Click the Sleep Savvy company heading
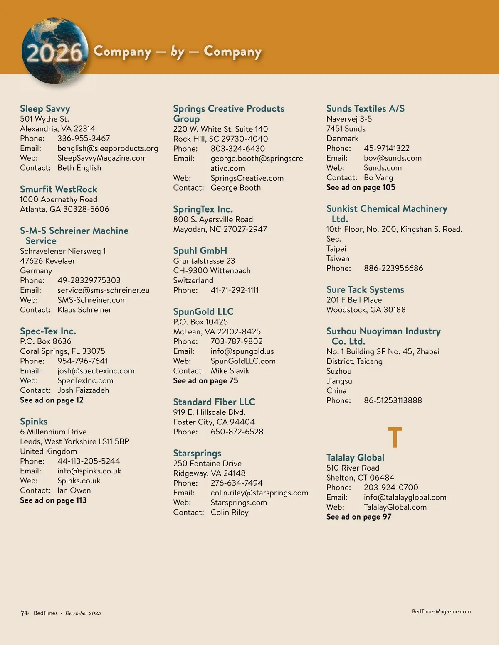(45, 109)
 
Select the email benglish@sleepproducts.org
(108, 148)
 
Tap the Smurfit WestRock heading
(59, 189)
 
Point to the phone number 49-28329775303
(89, 280)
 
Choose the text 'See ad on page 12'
(52, 400)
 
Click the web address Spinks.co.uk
(79, 481)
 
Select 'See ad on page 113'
(53, 500)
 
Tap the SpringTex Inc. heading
(203, 209)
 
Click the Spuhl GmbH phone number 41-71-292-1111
(235, 290)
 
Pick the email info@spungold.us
(242, 351)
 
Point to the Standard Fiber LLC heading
(214, 402)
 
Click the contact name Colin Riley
(230, 513)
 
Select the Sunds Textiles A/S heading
(365, 109)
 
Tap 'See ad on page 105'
(361, 187)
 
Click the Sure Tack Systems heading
(365, 290)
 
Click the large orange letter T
(395, 437)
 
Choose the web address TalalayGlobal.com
(395, 507)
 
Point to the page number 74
(25, 613)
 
